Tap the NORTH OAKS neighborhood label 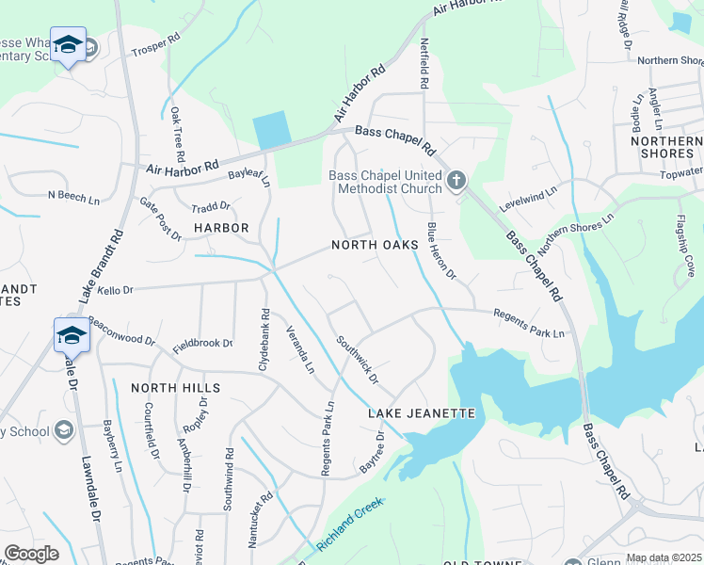coord(374,245)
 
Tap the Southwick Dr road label coord(357,361)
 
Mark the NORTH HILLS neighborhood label coord(175,388)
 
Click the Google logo coord(31,554)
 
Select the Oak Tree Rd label coord(178,132)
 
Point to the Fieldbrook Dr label coord(202,343)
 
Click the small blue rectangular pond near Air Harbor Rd coord(272,130)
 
